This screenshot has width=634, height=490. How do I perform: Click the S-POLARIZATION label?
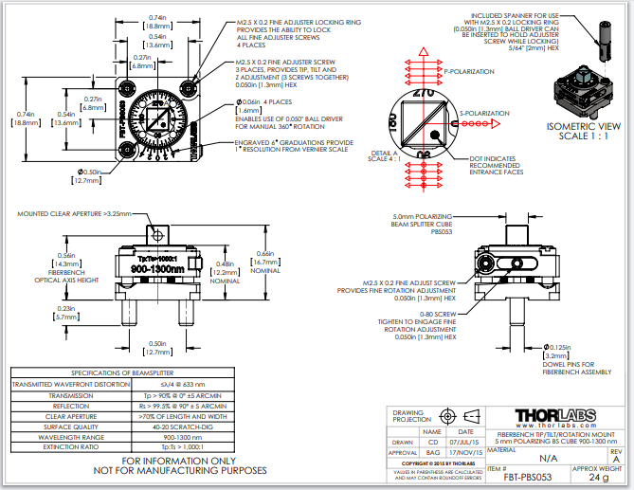click(x=485, y=114)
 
